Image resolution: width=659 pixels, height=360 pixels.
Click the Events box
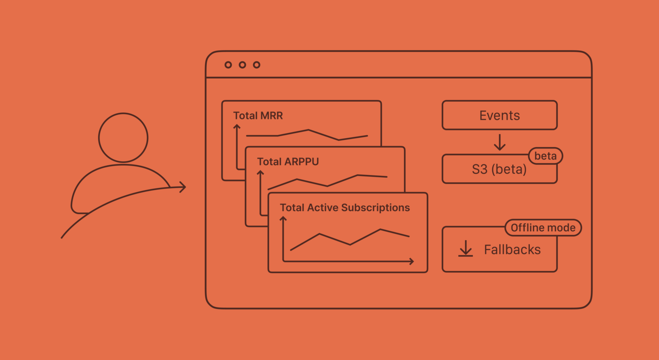pos(499,115)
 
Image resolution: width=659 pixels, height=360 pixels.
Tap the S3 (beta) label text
pos(499,169)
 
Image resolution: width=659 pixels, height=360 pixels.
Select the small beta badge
pos(545,156)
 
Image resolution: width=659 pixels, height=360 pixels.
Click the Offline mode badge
pos(543,228)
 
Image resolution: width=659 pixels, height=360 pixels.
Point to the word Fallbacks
pos(512,250)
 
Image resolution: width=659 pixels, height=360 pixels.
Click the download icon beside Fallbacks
pos(466,249)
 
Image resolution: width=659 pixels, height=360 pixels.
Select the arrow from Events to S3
pos(499,142)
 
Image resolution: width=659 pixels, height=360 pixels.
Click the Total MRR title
pos(258,116)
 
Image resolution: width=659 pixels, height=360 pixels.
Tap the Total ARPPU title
pos(288,162)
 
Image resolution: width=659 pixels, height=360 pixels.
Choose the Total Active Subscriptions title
pos(345,208)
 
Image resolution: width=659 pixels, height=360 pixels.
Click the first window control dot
pos(228,65)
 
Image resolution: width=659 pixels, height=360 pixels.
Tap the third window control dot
pos(257,65)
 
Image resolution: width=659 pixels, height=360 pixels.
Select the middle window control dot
pos(242,65)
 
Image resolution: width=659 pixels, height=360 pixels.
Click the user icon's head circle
pos(123,138)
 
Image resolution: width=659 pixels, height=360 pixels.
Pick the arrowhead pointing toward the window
pos(183,187)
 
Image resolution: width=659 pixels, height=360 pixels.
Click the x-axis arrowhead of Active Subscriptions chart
pos(411,261)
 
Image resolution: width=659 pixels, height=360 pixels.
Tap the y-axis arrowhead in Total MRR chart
pos(236,127)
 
